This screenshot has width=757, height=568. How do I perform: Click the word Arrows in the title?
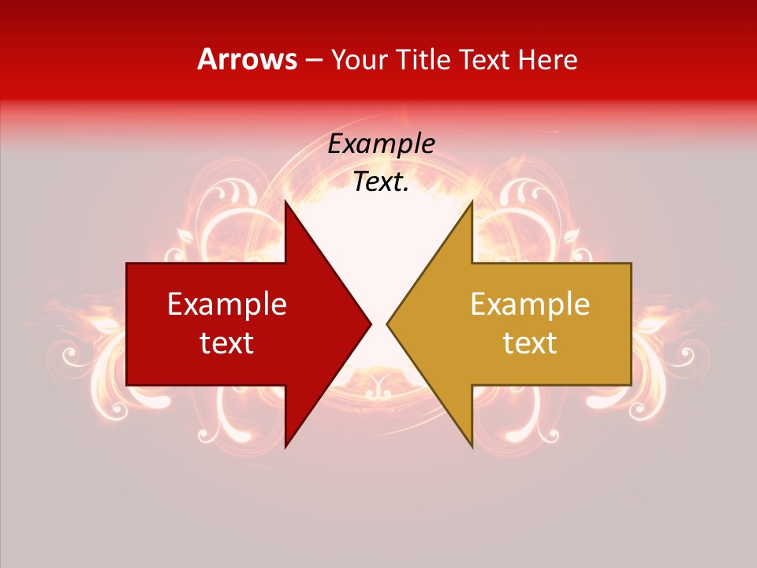point(247,59)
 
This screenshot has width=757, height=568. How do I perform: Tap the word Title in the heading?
point(423,59)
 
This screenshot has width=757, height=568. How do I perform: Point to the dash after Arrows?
point(313,61)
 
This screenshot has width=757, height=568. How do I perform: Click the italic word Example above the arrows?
point(381,144)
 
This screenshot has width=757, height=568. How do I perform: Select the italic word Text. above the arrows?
point(381,181)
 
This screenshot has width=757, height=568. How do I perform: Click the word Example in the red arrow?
point(227,304)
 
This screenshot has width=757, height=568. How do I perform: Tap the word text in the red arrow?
point(227,343)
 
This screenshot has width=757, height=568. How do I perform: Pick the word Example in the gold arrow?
point(530,304)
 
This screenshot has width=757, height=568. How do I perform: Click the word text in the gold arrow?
point(530,343)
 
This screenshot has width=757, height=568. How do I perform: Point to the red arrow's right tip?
point(371,323)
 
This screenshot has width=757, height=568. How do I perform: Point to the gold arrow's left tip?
point(386,323)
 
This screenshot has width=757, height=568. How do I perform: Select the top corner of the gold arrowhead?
point(472,201)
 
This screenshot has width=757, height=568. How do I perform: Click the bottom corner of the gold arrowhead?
point(472,447)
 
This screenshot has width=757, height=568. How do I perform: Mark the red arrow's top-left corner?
point(127,263)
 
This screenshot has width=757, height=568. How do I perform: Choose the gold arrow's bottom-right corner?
point(631,385)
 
